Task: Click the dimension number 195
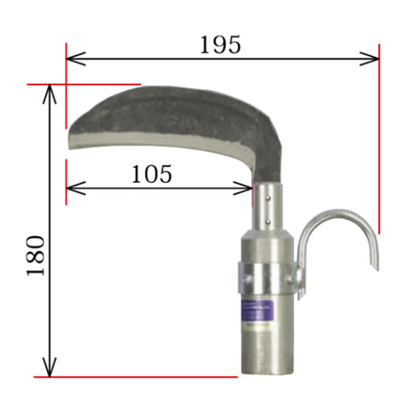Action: point(220,44)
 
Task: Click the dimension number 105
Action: point(152,174)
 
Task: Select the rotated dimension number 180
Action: point(36,255)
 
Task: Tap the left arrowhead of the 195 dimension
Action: point(76,58)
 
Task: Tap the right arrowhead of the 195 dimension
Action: point(369,58)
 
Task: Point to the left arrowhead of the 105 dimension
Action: point(76,187)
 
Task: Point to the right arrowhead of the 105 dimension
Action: point(243,187)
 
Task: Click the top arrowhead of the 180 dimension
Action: point(49,95)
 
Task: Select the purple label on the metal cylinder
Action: point(258,310)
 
